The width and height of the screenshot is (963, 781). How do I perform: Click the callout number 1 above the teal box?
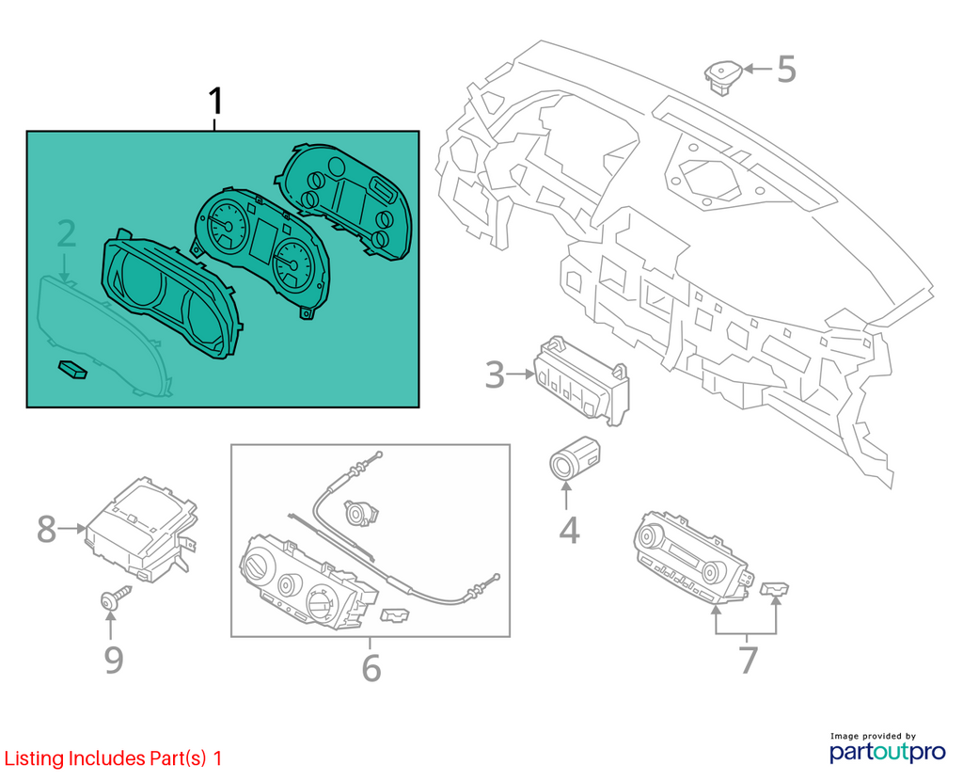coord(215,102)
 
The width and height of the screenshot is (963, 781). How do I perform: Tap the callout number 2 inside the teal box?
coord(67,234)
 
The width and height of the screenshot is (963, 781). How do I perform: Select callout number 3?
coord(495,375)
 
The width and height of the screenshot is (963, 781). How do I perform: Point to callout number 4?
coord(569,531)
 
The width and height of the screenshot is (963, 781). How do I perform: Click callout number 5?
coord(787,69)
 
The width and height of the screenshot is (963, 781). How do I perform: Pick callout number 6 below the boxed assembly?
coord(371,668)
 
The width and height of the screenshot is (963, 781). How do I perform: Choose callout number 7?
coord(748,660)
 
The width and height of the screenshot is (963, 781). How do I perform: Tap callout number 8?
coord(47,529)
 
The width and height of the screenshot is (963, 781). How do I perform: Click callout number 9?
coord(114,660)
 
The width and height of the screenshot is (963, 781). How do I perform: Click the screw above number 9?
coord(115,597)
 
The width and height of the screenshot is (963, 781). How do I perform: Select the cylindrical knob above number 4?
coord(574,458)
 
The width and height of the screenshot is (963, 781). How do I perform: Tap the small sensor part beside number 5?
coord(723,76)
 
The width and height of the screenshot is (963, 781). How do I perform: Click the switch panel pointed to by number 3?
coord(581,380)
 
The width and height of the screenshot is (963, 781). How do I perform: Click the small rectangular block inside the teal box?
coord(72,369)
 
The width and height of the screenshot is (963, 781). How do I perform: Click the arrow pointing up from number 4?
coord(565,496)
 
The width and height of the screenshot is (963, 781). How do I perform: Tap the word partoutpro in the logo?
coord(887,752)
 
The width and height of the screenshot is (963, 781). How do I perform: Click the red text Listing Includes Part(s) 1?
coord(113,758)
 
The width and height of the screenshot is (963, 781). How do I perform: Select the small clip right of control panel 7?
coord(774,589)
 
